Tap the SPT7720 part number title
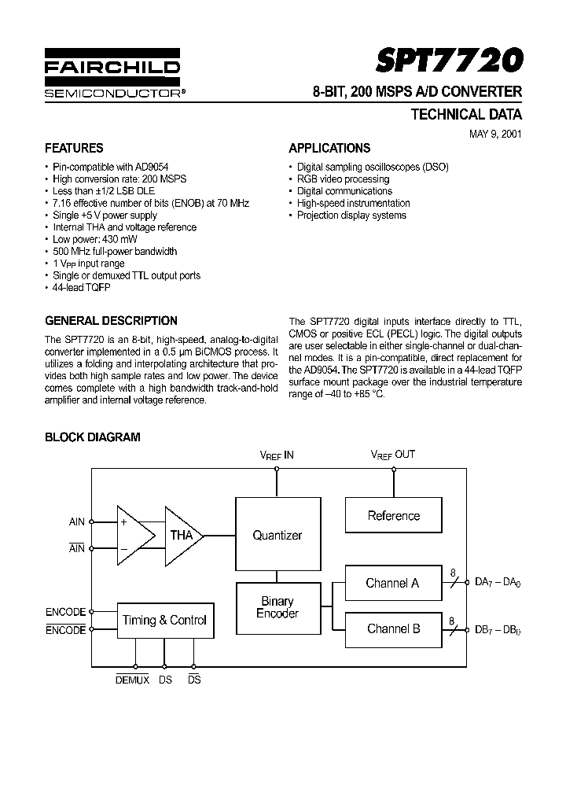point(449,61)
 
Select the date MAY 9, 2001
point(495,133)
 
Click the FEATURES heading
point(74,148)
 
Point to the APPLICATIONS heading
point(329,148)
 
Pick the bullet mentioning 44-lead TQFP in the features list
point(82,288)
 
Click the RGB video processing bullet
point(343,179)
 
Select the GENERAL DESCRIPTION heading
point(111,321)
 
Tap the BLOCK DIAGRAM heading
point(92,437)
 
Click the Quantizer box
point(277,535)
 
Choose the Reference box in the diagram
point(393,516)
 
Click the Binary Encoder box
point(277,607)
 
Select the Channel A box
point(392,584)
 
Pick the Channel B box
point(393,628)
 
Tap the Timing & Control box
point(164,620)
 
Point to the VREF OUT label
point(393,455)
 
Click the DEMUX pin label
point(133,679)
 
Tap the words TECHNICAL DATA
point(466,115)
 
